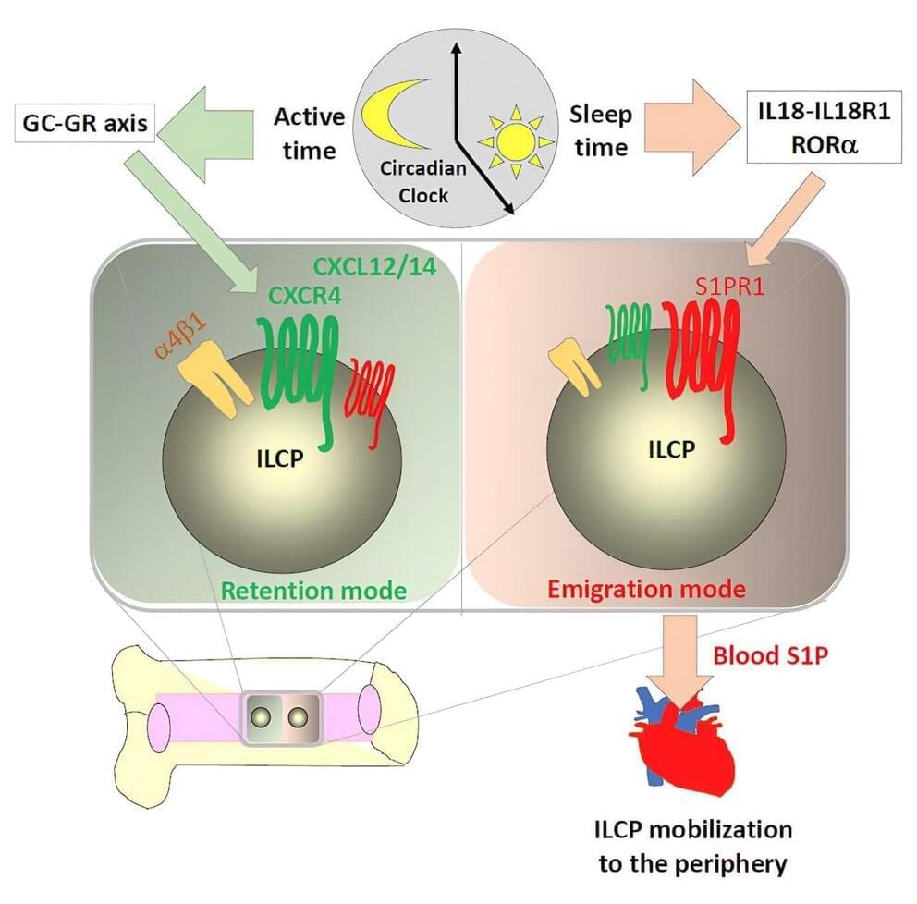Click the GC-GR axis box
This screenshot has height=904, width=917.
tap(82, 124)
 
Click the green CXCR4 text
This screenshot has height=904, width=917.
tap(303, 296)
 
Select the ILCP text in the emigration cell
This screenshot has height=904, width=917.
tap(666, 449)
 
